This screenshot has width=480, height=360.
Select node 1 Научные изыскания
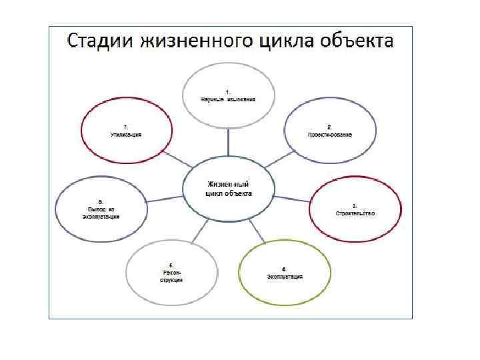[x=229, y=95]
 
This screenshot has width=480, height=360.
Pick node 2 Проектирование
[x=329, y=130]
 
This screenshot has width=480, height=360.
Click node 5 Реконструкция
[x=171, y=273]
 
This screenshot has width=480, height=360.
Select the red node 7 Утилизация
[x=126, y=131]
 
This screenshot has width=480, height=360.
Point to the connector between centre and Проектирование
[x=279, y=157]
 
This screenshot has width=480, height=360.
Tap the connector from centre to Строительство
[x=291, y=198]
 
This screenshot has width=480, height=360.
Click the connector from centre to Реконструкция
[x=199, y=232]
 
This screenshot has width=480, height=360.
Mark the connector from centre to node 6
[x=163, y=198]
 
